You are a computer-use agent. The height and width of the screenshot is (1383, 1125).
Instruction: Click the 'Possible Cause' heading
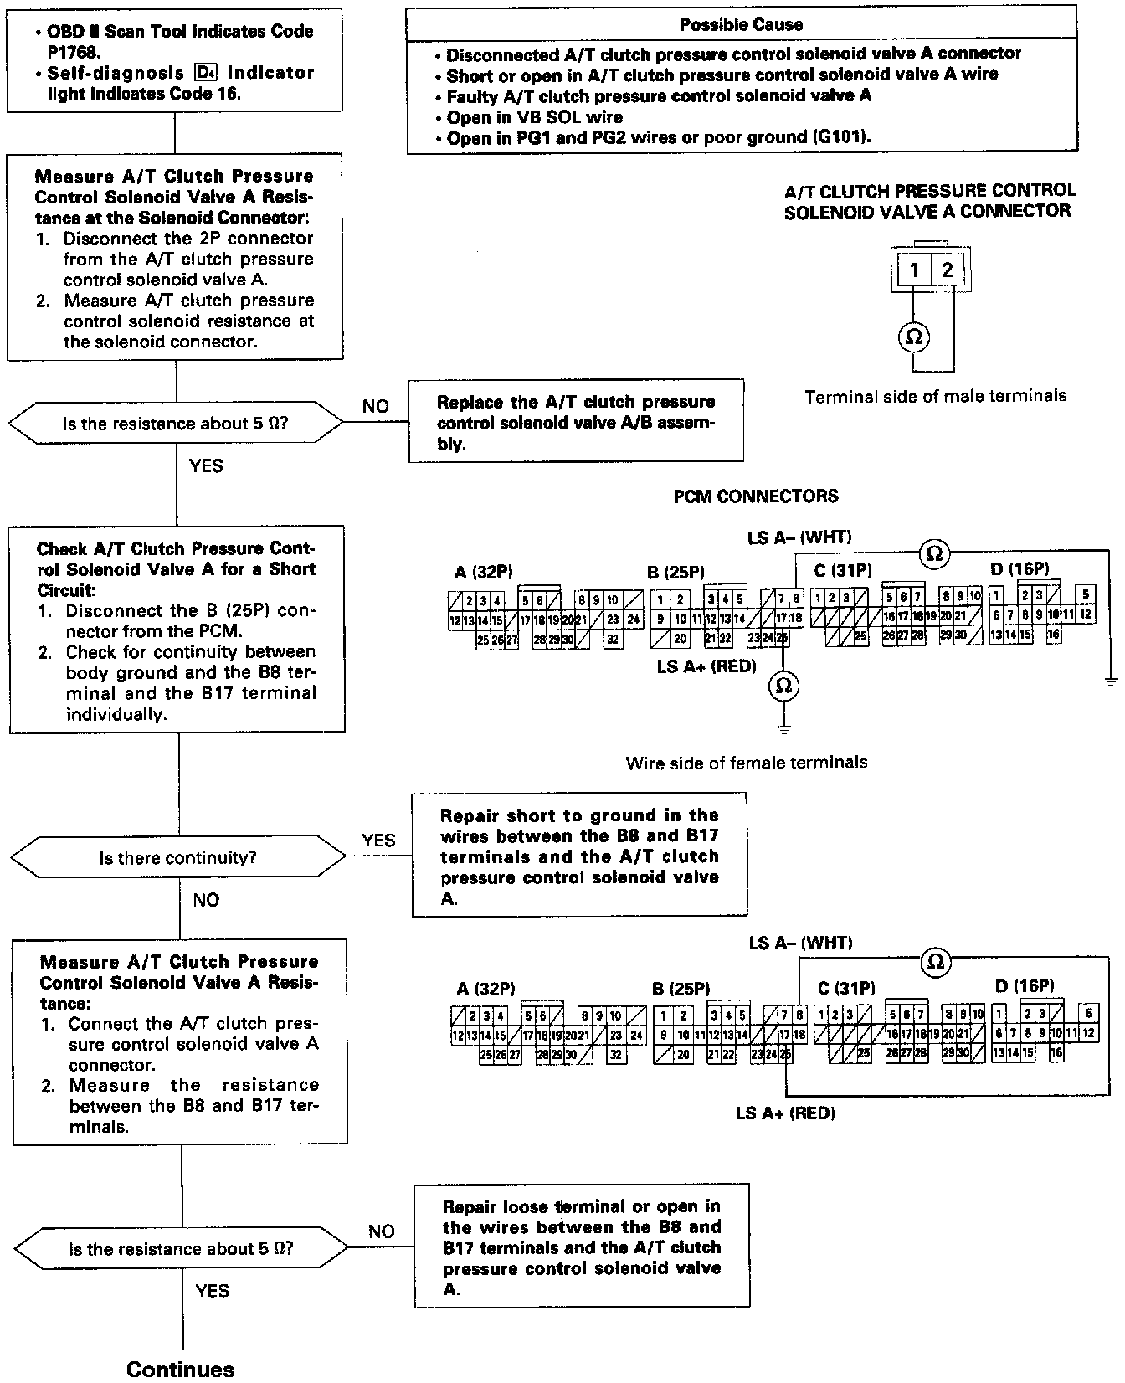pos(741,24)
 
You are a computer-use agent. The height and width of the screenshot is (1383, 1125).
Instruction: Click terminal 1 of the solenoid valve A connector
pos(915,270)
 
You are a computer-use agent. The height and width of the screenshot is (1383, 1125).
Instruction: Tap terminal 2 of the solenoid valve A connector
pos(947,270)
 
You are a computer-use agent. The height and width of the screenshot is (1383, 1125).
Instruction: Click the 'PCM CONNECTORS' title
pos(756,496)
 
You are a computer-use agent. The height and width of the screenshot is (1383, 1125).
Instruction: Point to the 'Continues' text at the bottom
pos(180,1370)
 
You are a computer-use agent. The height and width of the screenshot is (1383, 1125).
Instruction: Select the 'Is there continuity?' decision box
pos(177,858)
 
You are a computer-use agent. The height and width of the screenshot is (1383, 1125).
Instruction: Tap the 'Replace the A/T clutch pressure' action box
pos(576,422)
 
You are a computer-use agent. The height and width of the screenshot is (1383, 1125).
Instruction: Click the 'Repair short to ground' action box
pos(579,856)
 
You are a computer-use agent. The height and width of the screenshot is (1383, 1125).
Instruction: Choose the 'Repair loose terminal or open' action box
pos(581,1247)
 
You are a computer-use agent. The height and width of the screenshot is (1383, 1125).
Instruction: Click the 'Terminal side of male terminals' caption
pos(935,397)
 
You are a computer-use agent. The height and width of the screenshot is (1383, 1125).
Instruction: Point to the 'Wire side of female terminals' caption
pos(747,763)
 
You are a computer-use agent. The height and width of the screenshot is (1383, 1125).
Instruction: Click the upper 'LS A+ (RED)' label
pos(706,666)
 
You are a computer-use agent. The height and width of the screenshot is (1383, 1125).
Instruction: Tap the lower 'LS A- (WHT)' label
pos(800,943)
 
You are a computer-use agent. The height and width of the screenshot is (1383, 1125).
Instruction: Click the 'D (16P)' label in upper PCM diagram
pos(1020,569)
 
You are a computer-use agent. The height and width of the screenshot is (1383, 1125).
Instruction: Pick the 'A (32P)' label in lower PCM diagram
pos(485,989)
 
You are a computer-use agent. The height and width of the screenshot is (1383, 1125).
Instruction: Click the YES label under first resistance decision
pos(206,465)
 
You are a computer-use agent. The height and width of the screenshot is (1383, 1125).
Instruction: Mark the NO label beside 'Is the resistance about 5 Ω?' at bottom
pos(381,1231)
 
